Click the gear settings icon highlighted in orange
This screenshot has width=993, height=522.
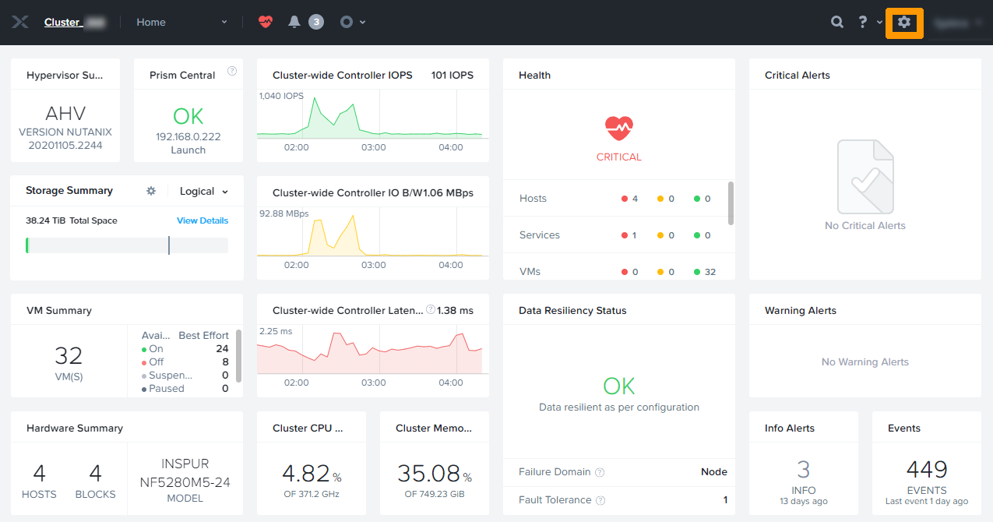click(x=904, y=23)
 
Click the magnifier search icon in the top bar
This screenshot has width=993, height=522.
click(x=837, y=23)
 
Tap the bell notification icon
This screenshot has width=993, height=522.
click(x=294, y=22)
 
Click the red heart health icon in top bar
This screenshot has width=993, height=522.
click(x=266, y=22)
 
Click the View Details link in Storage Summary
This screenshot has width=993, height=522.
click(x=202, y=220)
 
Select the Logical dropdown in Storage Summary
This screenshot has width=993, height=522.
click(x=204, y=191)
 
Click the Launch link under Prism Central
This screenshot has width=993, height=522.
click(x=188, y=150)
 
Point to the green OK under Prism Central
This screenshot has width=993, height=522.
click(x=188, y=116)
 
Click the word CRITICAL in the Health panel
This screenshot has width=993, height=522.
click(x=619, y=157)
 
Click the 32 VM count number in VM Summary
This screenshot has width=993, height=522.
click(x=69, y=356)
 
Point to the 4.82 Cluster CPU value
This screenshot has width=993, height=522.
click(x=305, y=473)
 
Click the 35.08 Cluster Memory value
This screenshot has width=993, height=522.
click(x=428, y=473)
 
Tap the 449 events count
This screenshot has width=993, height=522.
click(x=927, y=470)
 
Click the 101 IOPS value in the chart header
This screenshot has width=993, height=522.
click(x=452, y=76)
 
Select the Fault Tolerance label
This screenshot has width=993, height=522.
click(x=555, y=500)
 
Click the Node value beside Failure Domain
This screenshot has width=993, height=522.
click(x=713, y=471)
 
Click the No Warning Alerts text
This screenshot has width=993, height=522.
click(x=864, y=362)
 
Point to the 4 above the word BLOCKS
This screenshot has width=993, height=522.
click(x=96, y=473)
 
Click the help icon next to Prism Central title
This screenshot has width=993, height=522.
click(x=232, y=71)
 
